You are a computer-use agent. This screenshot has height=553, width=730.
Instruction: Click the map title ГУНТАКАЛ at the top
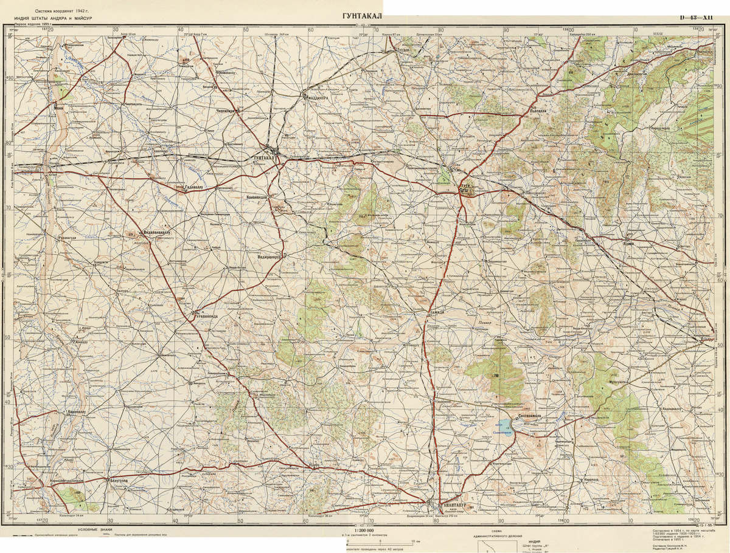[x=358, y=16]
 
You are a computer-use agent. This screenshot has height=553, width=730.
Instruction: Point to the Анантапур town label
[x=452, y=504]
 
